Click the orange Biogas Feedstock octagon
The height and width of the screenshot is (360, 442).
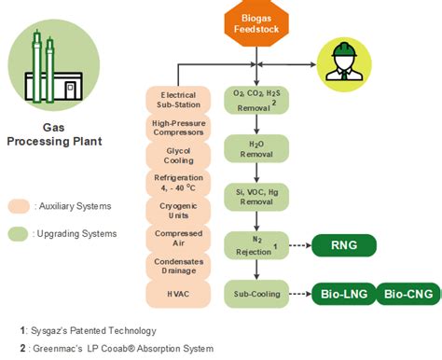pyautogui.click(x=256, y=22)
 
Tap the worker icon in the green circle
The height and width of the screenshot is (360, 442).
pyautogui.click(x=341, y=62)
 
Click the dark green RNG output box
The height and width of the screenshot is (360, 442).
pyautogui.click(x=344, y=246)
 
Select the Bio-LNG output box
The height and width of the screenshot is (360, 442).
pyautogui.click(x=344, y=295)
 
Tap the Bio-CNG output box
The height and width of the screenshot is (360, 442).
pyautogui.click(x=407, y=295)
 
